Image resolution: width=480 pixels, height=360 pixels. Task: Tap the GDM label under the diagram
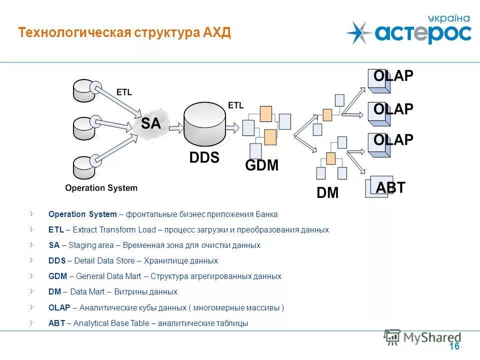tap(261, 165)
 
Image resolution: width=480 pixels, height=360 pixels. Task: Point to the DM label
tap(328, 193)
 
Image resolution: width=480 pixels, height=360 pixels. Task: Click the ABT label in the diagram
tap(390, 188)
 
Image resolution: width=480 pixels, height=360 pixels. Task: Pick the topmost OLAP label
tap(393, 76)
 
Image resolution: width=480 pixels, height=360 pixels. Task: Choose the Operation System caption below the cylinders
tap(101, 188)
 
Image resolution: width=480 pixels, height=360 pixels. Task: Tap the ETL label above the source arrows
tap(124, 92)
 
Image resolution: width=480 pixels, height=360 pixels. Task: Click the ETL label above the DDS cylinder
tap(235, 105)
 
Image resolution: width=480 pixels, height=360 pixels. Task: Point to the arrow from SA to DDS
tap(175, 129)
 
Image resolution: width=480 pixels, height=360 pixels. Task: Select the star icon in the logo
tap(358, 33)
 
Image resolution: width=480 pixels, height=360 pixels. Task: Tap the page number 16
tap(454, 346)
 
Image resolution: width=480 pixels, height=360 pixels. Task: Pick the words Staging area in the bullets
tap(91, 245)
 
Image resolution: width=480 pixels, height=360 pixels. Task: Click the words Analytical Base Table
tap(111, 323)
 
